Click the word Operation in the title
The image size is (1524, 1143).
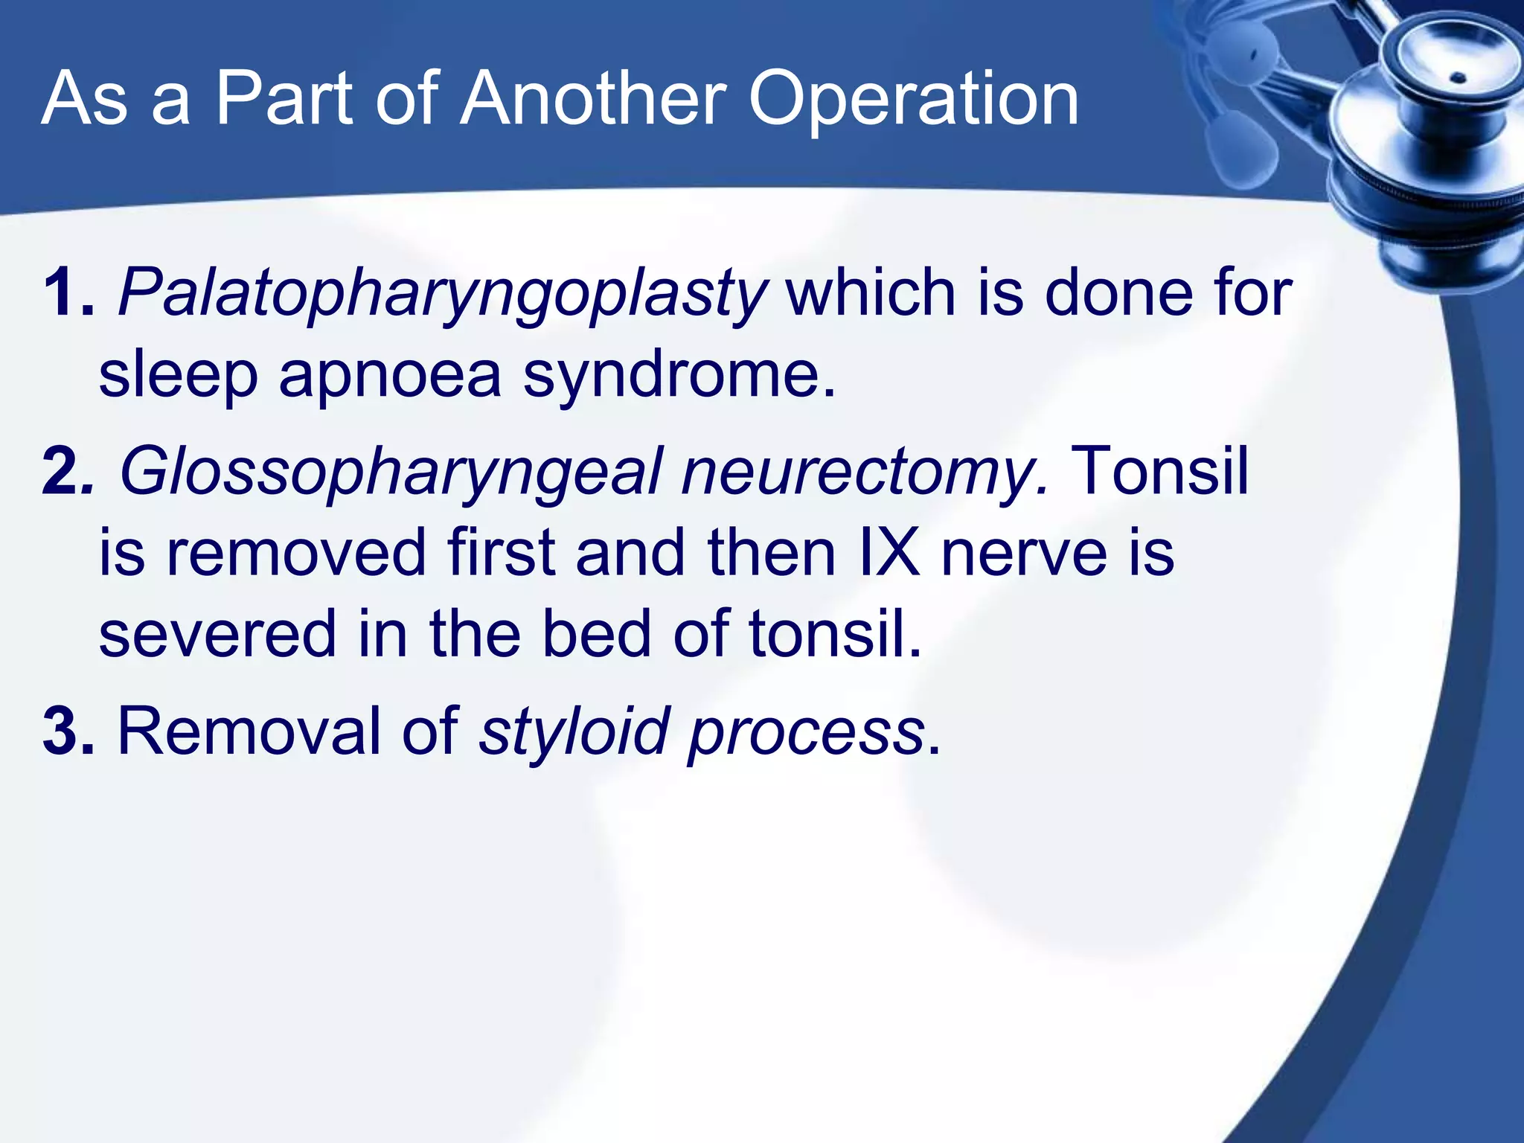pyautogui.click(x=913, y=100)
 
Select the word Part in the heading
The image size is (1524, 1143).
pyautogui.click(x=284, y=98)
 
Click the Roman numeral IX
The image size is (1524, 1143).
pyautogui.click(x=889, y=552)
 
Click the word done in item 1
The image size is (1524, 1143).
pyautogui.click(x=1118, y=292)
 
